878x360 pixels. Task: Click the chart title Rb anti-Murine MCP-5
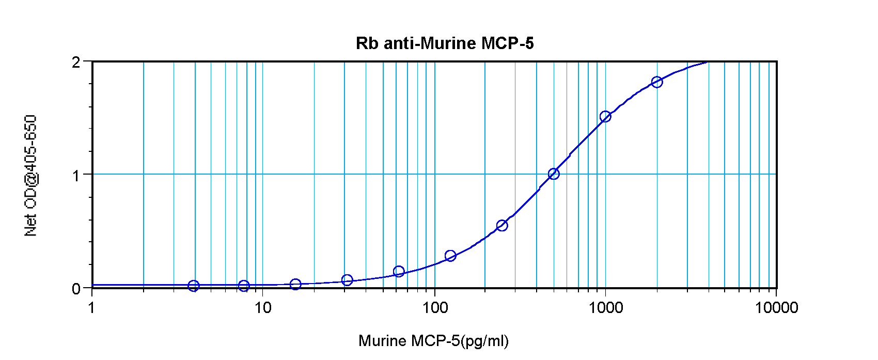[x=445, y=43]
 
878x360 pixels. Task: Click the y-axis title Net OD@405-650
[x=31, y=176]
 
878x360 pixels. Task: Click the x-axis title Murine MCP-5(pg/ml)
[x=433, y=341]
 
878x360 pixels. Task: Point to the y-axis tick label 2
[x=76, y=62]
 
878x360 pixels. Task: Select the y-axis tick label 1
[x=76, y=176]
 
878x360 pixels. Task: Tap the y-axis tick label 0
[x=76, y=289]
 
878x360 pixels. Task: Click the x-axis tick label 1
[x=92, y=308]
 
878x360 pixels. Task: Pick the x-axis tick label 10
[x=263, y=308]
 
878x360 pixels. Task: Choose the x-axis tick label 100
[x=434, y=308]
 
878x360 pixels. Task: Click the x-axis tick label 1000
[x=605, y=308]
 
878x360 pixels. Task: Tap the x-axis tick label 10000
[x=776, y=308]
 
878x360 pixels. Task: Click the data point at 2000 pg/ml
[x=657, y=82]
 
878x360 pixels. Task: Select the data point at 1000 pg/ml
[x=605, y=117]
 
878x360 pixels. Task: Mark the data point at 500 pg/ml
[x=554, y=174]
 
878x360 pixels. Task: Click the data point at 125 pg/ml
[x=450, y=256]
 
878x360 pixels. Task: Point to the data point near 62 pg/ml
[x=399, y=271]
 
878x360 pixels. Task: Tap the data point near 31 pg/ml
[x=347, y=280]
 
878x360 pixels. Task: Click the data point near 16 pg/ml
[x=295, y=284]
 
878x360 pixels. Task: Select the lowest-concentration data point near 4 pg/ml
[x=194, y=286]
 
